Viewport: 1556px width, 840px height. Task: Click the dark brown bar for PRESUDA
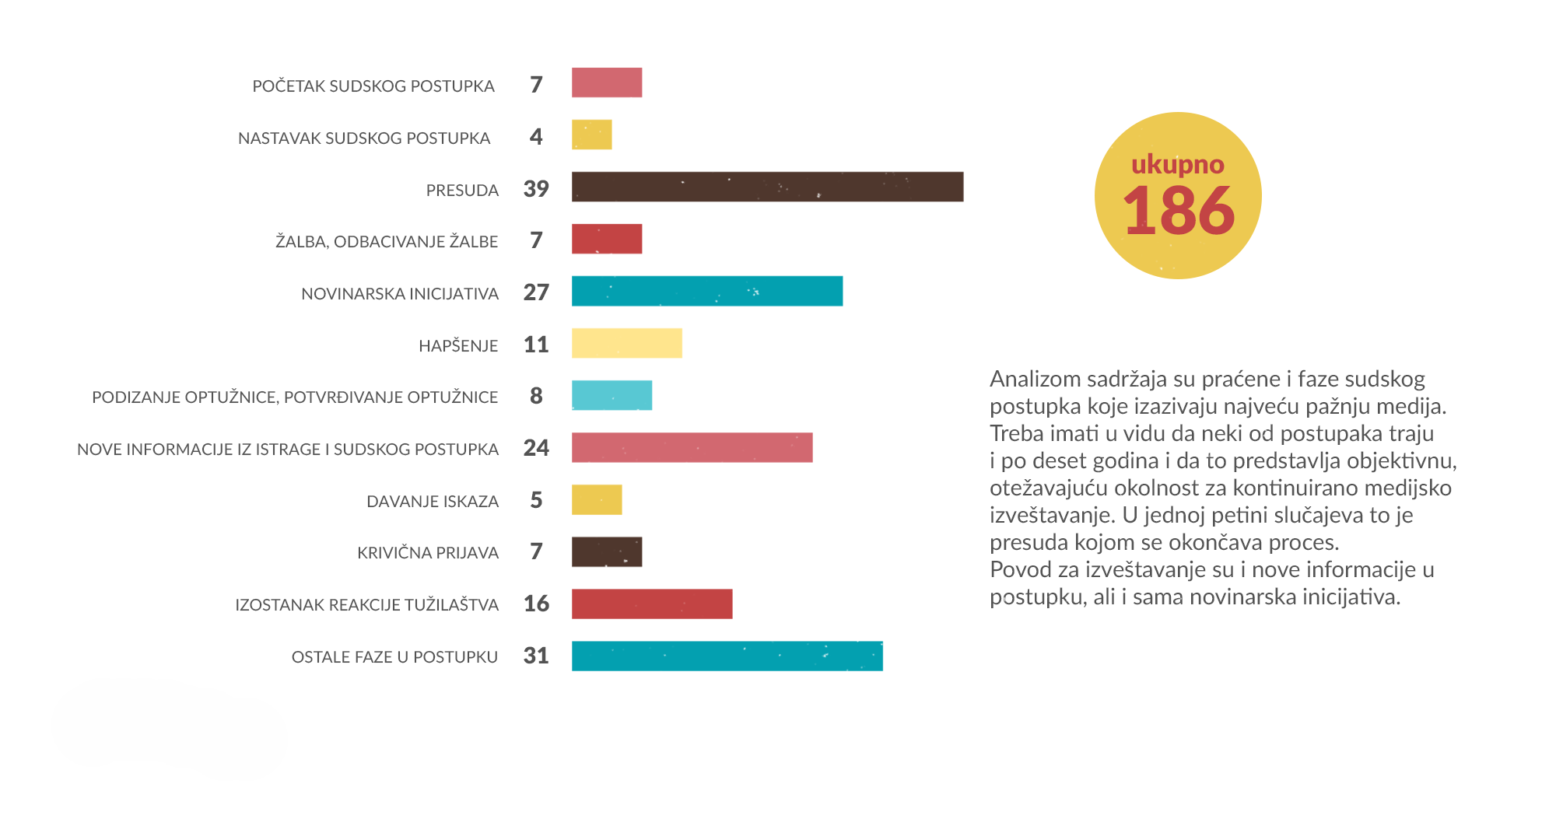(767, 187)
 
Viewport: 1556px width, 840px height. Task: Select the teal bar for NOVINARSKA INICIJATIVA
(706, 291)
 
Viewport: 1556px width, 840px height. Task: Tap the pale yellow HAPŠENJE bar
(626, 343)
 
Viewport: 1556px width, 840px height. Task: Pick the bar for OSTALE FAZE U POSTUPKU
(727, 656)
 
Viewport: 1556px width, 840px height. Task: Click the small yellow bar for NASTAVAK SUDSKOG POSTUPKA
(591, 135)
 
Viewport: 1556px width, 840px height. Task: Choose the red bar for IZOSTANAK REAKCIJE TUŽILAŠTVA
(652, 604)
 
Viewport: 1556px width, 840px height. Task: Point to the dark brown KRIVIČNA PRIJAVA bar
(607, 551)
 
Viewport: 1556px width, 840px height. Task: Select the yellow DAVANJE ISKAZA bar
(597, 499)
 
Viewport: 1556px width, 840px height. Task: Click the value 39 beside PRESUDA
(536, 188)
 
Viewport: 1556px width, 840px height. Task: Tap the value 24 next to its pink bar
(536, 448)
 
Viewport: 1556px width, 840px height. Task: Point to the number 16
(536, 604)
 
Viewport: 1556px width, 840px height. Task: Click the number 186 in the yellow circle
(1179, 212)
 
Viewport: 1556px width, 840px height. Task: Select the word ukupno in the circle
(1178, 164)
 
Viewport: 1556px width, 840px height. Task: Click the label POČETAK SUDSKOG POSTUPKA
(373, 86)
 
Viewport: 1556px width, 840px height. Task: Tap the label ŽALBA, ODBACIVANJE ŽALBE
(387, 242)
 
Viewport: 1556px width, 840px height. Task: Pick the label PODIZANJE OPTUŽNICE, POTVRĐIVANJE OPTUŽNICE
(295, 397)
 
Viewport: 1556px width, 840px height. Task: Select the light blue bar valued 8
(612, 395)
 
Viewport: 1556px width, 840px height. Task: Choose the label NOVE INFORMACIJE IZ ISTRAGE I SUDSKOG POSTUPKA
(288, 450)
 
